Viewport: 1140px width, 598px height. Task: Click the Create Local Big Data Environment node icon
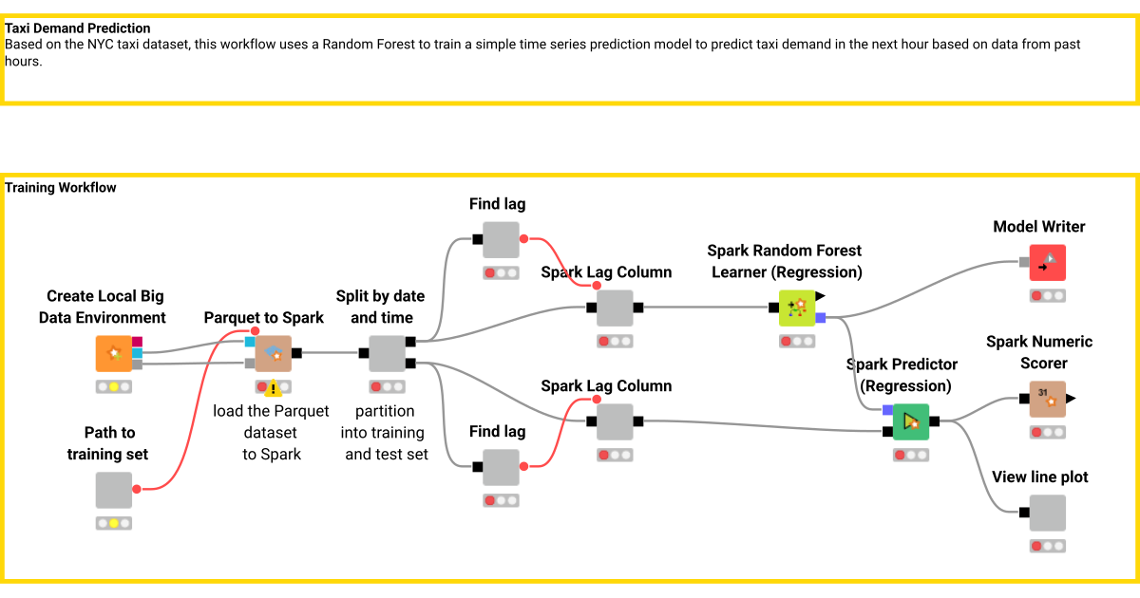coord(114,353)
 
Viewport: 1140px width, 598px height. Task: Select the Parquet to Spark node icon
coord(274,353)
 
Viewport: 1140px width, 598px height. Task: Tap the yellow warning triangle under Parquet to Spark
coord(274,387)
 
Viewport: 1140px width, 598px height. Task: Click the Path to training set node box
coord(114,490)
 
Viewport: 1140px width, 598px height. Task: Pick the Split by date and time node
coord(387,353)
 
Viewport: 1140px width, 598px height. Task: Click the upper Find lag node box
coord(501,240)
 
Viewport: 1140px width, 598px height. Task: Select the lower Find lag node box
coord(501,467)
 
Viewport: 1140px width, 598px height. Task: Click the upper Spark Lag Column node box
coord(615,308)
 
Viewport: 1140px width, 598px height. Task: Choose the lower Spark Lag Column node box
coord(615,421)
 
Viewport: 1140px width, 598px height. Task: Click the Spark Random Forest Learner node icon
coord(797,308)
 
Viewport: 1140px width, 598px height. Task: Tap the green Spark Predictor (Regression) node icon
coord(911,421)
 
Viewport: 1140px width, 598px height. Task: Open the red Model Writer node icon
coord(1048,263)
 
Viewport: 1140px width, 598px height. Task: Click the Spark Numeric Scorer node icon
coord(1048,400)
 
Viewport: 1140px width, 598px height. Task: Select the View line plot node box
coord(1048,513)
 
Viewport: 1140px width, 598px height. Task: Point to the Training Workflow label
coord(61,188)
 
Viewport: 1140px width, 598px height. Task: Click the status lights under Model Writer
coord(1048,296)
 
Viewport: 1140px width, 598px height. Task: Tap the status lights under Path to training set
coord(114,523)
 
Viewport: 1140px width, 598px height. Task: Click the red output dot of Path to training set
coord(137,490)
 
